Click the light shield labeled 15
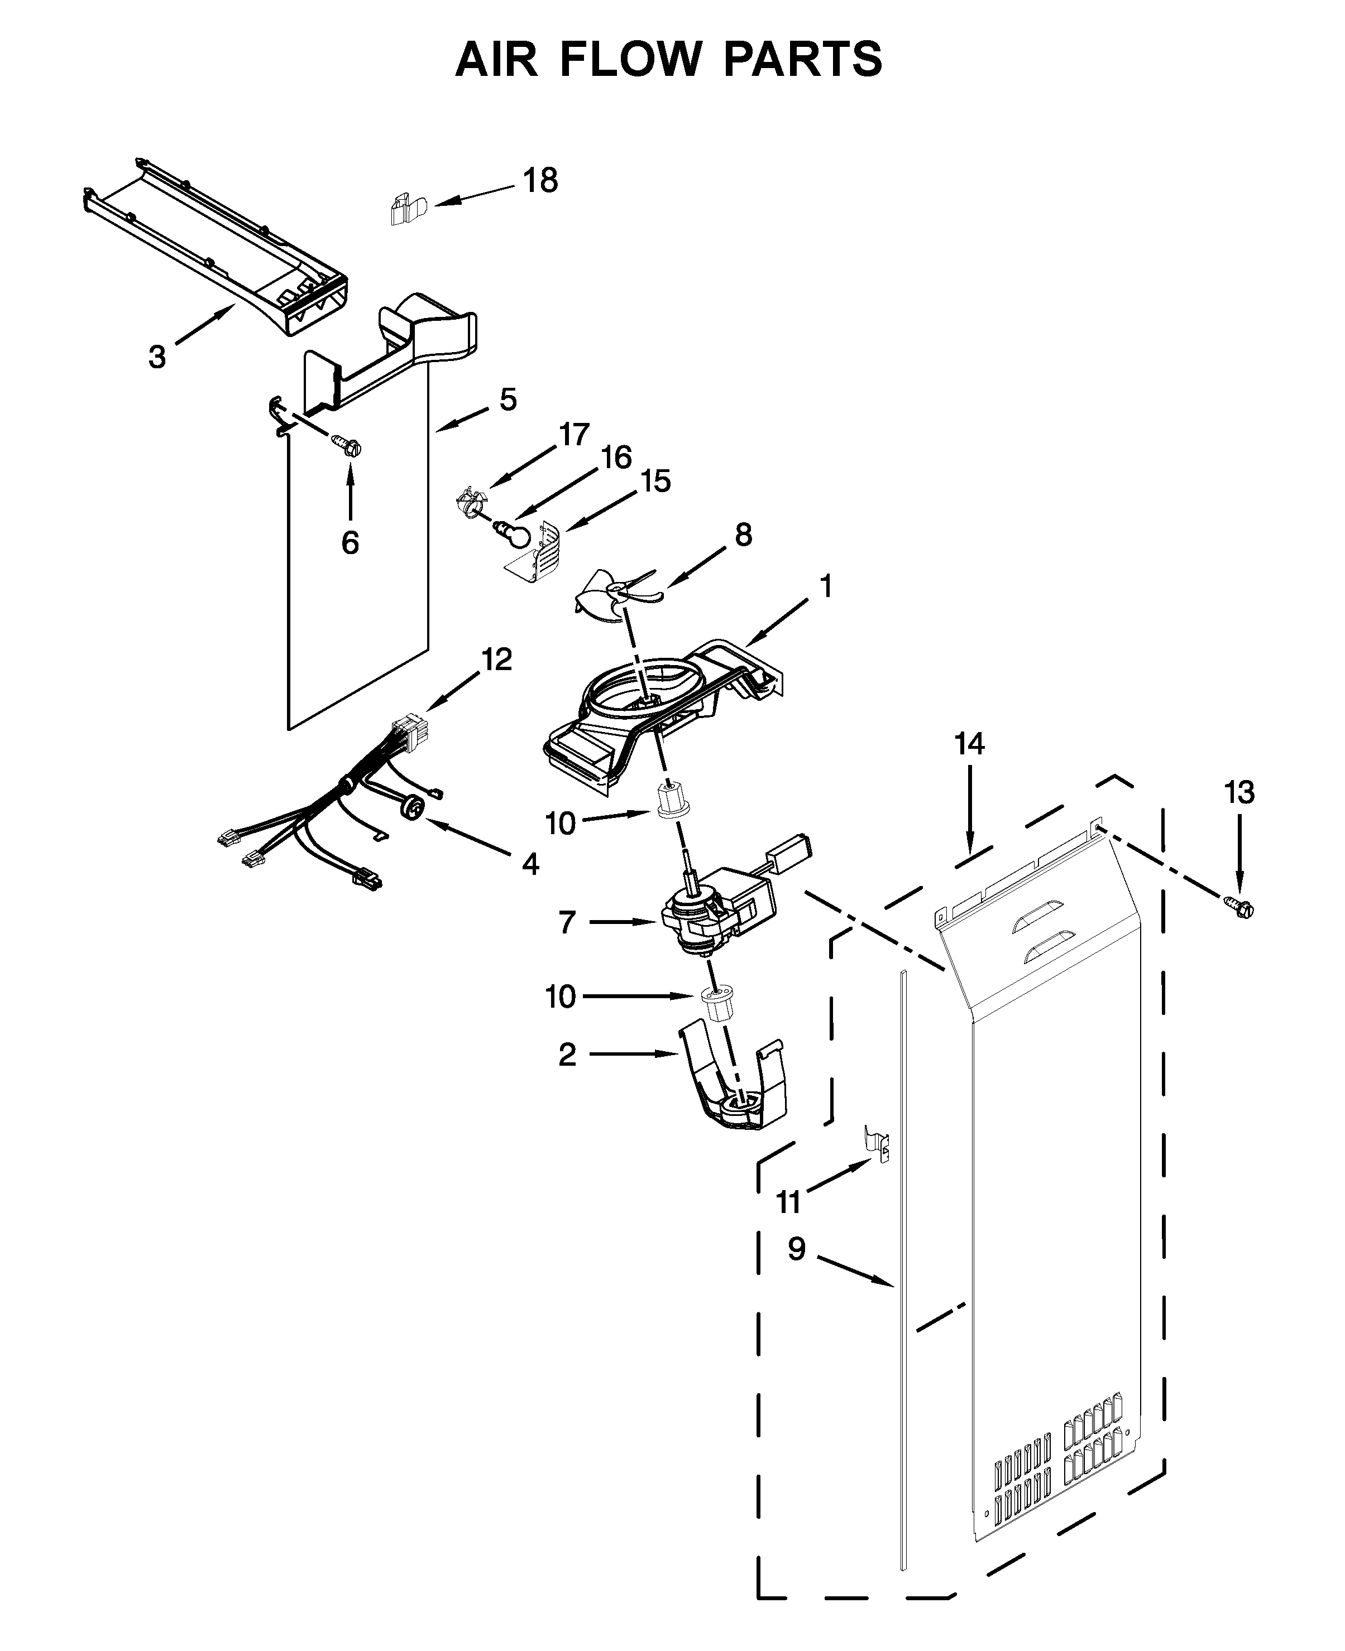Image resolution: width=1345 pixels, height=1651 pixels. pos(542,548)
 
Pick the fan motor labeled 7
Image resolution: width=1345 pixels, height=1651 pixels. pos(709,918)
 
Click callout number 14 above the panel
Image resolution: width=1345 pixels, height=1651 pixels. pos(969,744)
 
